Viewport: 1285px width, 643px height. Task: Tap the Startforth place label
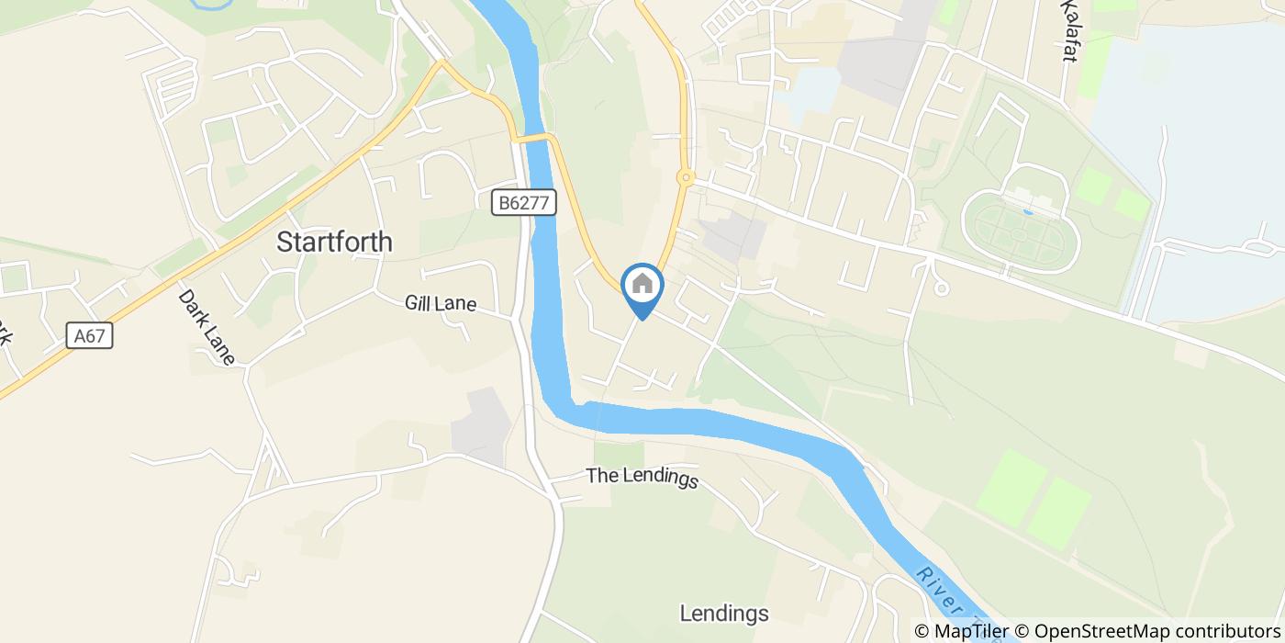click(x=334, y=243)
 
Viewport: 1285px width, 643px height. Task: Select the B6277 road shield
click(x=525, y=203)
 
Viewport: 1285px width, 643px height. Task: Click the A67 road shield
click(x=90, y=336)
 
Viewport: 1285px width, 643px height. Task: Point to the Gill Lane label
click(x=441, y=304)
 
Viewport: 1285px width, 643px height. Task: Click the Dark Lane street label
click(x=207, y=328)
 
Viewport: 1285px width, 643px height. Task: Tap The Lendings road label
click(x=642, y=478)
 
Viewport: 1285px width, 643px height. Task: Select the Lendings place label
click(x=724, y=614)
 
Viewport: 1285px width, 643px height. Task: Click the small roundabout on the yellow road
click(x=685, y=176)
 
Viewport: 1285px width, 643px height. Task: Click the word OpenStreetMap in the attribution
click(x=1095, y=631)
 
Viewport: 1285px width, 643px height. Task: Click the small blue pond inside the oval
click(x=1027, y=211)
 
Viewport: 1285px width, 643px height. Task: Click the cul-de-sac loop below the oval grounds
click(x=941, y=288)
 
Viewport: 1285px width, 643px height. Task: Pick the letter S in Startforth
click(x=285, y=243)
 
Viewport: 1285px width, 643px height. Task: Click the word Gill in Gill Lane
click(x=419, y=304)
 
